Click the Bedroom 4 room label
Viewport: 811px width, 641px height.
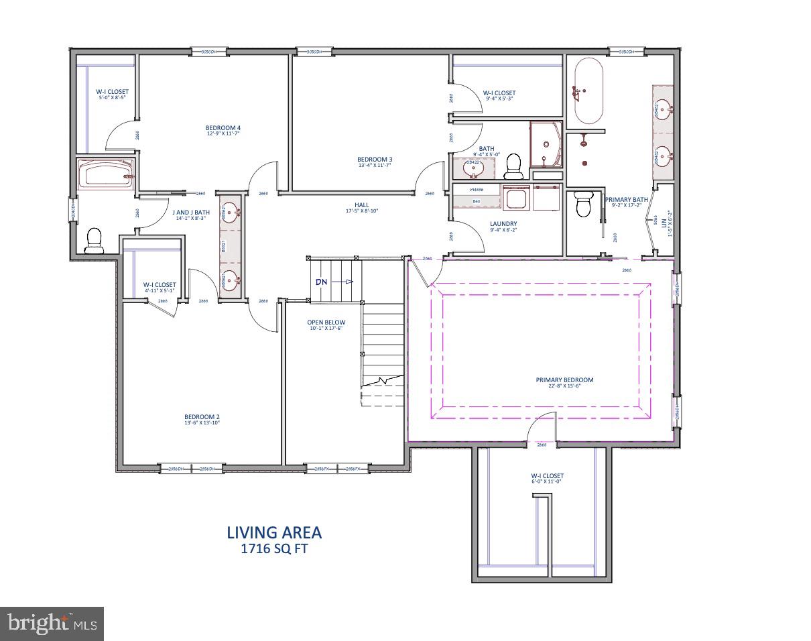click(x=223, y=127)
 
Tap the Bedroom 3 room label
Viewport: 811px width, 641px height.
click(x=374, y=159)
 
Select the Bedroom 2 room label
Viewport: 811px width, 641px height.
click(x=202, y=416)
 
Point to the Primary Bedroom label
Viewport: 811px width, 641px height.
click(x=564, y=380)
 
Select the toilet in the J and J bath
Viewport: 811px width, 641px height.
click(x=94, y=241)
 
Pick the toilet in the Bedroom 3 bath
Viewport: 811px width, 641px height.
click(x=513, y=164)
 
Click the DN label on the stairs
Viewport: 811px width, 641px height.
click(x=322, y=282)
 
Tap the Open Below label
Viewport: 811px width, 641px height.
click(x=326, y=323)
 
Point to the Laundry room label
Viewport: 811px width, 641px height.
click(x=504, y=224)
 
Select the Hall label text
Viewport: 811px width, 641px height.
click(x=362, y=205)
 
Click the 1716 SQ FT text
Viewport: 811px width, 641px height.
click(x=274, y=548)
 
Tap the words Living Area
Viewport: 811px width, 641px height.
click(x=274, y=532)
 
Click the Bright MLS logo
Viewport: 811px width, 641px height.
click(x=52, y=624)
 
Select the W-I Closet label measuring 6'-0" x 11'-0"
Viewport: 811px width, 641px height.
click(x=548, y=476)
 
